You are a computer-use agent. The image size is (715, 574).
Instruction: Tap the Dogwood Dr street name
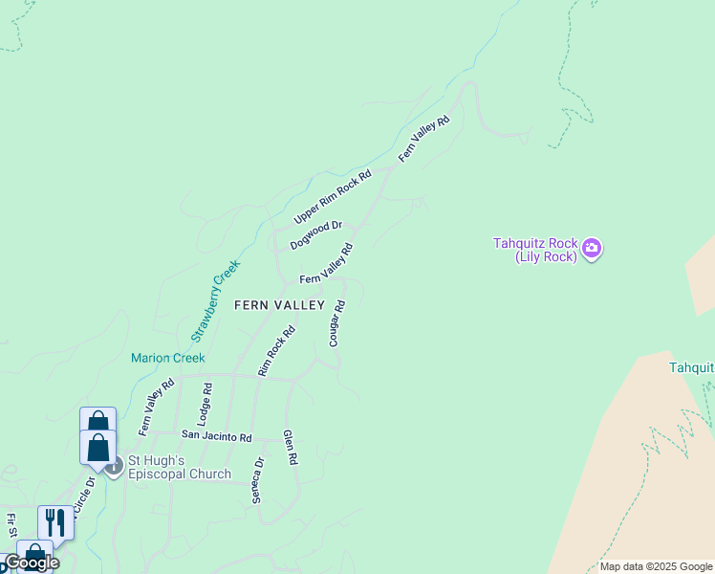pos(316,232)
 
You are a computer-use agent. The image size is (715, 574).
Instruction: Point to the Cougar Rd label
pos(336,323)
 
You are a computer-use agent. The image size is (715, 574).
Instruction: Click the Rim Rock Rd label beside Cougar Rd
pos(276,350)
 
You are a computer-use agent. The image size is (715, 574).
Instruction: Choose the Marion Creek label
pos(168,359)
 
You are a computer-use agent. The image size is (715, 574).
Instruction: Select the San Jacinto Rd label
pos(216,437)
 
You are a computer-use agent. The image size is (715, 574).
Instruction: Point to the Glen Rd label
pos(291,447)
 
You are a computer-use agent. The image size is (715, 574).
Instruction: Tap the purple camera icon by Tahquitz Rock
pos(593,250)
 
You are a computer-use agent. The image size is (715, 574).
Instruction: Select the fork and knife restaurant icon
pos(55,522)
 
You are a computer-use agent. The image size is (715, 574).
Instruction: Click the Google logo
pos(32,563)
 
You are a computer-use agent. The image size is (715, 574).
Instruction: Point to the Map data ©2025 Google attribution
pos(656,566)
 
